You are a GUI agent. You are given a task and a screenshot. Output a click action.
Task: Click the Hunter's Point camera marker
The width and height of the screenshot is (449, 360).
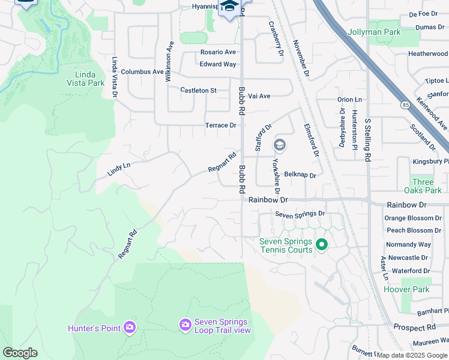pyautogui.click(x=129, y=327)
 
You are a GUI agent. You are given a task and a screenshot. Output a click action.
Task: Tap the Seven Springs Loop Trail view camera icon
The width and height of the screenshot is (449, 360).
pyautogui.click(x=185, y=325)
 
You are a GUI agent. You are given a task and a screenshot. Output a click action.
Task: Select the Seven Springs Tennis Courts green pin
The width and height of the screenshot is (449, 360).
pyautogui.click(x=321, y=244)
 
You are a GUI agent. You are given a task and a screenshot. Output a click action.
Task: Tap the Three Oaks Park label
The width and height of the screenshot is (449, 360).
pyautogui.click(x=427, y=186)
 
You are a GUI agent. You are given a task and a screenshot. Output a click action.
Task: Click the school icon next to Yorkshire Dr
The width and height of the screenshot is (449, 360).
pyautogui.click(x=279, y=145)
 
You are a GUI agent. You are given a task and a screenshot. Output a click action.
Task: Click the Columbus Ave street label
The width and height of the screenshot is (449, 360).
pyautogui.click(x=142, y=71)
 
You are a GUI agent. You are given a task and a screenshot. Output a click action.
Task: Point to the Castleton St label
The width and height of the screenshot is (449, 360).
pyautogui.click(x=198, y=90)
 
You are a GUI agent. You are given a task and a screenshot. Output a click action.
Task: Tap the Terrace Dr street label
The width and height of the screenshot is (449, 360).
pyautogui.click(x=220, y=125)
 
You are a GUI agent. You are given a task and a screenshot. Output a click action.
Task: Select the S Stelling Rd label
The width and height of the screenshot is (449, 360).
pyautogui.click(x=368, y=139)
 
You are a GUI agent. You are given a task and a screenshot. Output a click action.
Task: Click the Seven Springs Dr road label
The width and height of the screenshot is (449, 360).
pyautogui.click(x=300, y=214)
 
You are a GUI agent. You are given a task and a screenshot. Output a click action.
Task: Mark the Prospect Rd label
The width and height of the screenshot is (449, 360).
pyautogui.click(x=414, y=328)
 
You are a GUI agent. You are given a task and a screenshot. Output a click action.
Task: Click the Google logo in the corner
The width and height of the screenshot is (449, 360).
pyautogui.click(x=20, y=353)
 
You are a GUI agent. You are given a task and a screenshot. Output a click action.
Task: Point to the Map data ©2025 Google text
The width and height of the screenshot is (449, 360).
pyautogui.click(x=412, y=355)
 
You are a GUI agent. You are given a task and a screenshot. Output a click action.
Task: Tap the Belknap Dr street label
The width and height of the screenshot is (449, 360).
pyautogui.click(x=300, y=174)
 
